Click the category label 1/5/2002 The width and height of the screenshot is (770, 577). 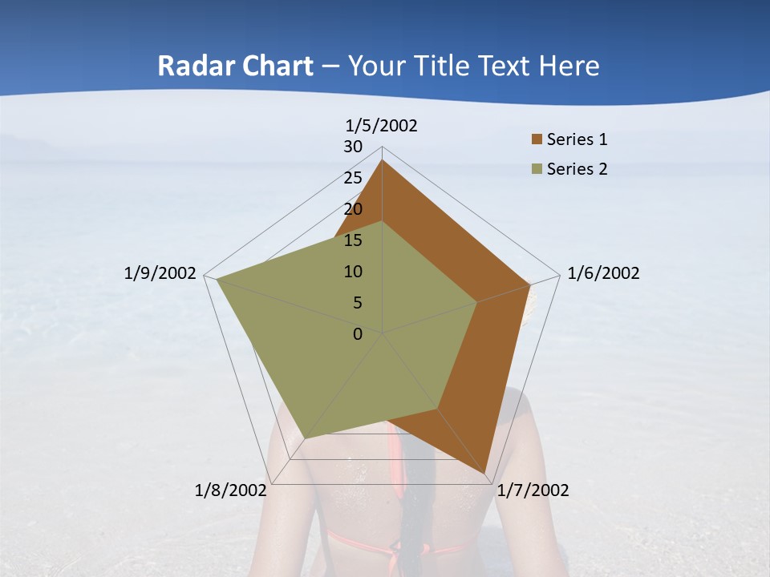click(x=382, y=125)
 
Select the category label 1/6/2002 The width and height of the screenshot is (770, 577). click(x=603, y=273)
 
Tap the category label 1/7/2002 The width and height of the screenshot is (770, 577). click(x=533, y=490)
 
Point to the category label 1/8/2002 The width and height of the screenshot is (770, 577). click(x=230, y=490)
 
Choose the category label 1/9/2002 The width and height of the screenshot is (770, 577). click(x=160, y=273)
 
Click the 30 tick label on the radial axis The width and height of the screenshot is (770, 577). click(x=353, y=147)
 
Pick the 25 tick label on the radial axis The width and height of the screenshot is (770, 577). click(x=353, y=178)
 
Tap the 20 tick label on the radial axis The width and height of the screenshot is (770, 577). click(x=353, y=209)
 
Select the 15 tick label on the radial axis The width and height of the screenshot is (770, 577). click(x=353, y=240)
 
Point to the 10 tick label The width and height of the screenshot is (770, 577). click(x=353, y=272)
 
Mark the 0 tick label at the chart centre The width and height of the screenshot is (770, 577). click(x=358, y=334)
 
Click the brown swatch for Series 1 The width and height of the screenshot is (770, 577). click(x=537, y=140)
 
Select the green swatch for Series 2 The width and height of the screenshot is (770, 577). click(x=537, y=169)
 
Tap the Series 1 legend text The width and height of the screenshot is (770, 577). click(x=577, y=139)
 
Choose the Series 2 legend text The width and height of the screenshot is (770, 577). click(x=577, y=169)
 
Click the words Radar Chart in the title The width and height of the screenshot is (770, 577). click(x=235, y=66)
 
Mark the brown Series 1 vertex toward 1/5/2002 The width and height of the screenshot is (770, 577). click(x=382, y=160)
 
